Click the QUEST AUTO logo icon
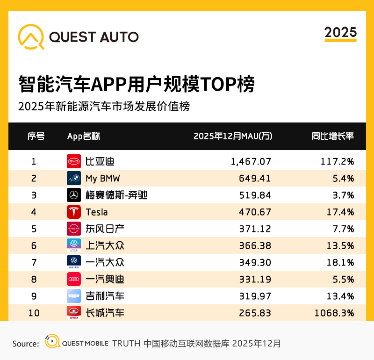click(x=31, y=36)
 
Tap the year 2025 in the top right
click(x=340, y=32)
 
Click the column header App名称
click(x=83, y=136)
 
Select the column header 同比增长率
click(x=332, y=136)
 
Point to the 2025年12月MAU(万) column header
click(x=232, y=136)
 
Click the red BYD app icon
click(x=74, y=161)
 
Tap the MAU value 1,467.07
click(x=251, y=161)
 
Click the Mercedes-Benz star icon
click(x=74, y=195)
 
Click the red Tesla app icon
click(x=74, y=212)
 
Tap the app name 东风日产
click(x=105, y=229)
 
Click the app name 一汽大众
click(x=105, y=262)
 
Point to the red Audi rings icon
click(x=74, y=279)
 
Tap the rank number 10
click(x=34, y=313)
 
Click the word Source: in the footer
click(x=25, y=344)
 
